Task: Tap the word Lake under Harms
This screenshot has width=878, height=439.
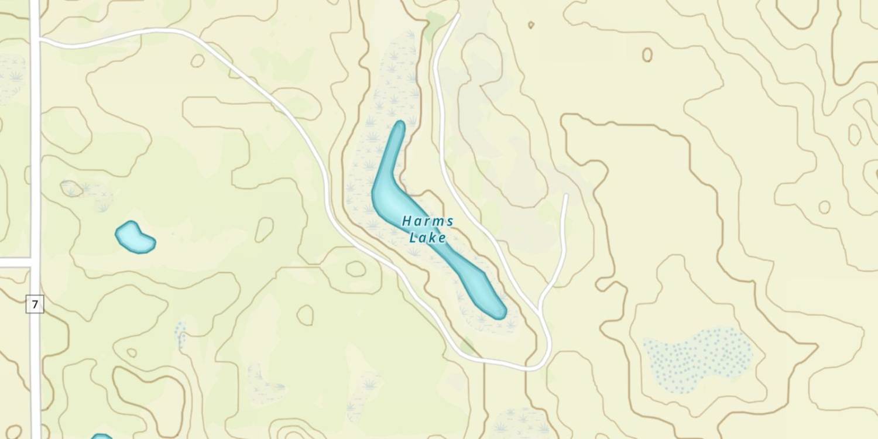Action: [427, 238]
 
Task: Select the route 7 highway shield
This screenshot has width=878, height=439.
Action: [35, 304]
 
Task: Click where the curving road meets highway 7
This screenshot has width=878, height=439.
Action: [36, 40]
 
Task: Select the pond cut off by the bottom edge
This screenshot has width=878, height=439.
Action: [102, 436]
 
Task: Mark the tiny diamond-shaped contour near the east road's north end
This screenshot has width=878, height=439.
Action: [531, 25]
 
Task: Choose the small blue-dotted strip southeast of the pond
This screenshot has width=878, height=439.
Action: [180, 332]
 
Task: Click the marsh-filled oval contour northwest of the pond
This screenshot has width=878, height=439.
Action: [71, 188]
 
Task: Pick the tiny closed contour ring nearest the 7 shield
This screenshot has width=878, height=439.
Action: [132, 353]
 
